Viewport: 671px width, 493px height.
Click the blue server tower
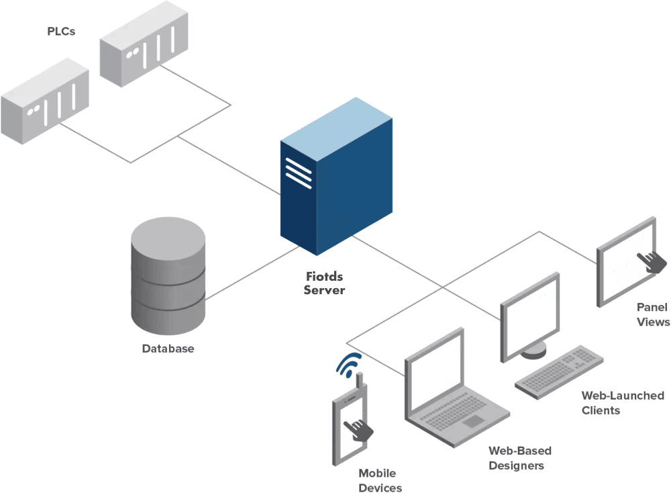point(335,181)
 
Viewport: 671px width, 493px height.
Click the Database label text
point(168,349)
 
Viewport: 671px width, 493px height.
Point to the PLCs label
point(61,32)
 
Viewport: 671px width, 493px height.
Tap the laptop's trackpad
point(474,421)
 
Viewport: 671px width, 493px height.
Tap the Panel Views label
point(652,314)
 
